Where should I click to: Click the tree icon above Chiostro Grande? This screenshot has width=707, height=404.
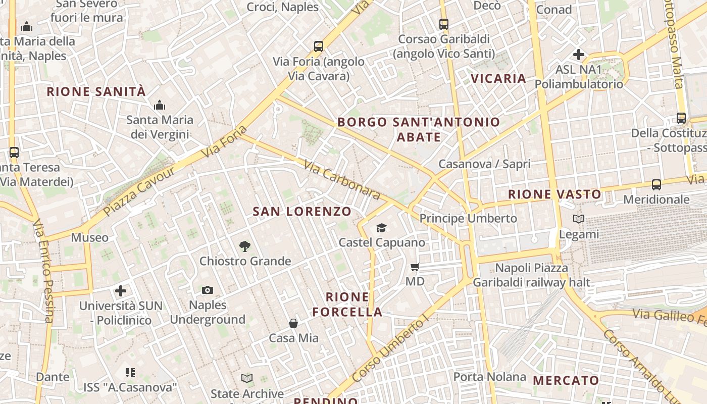coord(245,246)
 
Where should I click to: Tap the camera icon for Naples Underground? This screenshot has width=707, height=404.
coord(208,290)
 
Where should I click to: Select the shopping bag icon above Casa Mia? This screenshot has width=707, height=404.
coord(293,323)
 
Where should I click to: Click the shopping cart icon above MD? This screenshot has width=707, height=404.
coord(415,267)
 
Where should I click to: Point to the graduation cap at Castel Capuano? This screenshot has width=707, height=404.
coord(381,228)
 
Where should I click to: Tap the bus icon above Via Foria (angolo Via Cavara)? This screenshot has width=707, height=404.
coord(318,46)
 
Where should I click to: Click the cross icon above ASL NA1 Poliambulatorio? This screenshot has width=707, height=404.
coord(579,55)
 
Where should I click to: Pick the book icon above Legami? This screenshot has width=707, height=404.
coord(579,219)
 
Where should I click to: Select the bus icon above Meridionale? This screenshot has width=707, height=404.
coord(656,185)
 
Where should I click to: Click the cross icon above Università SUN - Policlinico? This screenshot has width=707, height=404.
coord(121,291)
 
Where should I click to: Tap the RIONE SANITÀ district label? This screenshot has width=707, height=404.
coord(96,92)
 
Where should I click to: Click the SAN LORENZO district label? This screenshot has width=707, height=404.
coord(302,212)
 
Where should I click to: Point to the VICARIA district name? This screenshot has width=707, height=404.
coord(498,79)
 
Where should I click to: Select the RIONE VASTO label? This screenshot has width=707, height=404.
coord(554,194)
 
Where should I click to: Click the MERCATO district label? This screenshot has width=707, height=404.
coord(566,381)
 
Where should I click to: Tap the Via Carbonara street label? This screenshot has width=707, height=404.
coord(341,179)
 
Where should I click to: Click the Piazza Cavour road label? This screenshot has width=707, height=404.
coord(139,191)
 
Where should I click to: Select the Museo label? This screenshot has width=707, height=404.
coord(89,238)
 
